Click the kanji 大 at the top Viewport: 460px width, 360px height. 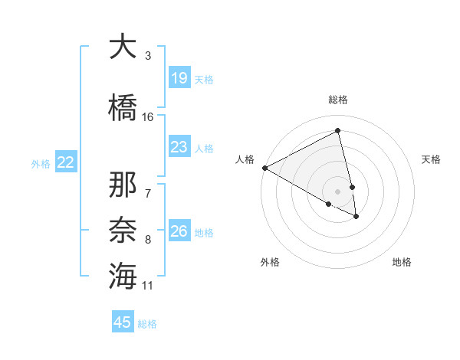(x=123, y=47)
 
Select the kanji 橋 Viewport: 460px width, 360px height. (x=123, y=106)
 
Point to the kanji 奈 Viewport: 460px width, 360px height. (x=123, y=227)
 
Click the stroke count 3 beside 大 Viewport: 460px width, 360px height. (x=148, y=56)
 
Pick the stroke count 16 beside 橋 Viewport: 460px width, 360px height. (x=148, y=117)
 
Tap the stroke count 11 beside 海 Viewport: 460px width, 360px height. (x=148, y=286)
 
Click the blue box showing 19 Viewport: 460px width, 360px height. (x=179, y=78)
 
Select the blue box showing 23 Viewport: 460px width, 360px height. (x=179, y=147)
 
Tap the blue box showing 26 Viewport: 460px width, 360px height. (x=179, y=231)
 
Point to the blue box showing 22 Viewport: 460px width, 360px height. (x=66, y=162)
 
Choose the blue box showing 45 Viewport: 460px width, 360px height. (x=123, y=322)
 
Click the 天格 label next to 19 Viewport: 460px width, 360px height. (x=204, y=79)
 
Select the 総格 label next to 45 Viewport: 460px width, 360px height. (x=147, y=324)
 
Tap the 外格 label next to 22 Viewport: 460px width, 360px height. (x=41, y=163)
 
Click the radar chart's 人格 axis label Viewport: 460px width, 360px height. (x=245, y=159)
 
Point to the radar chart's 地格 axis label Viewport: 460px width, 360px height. (x=402, y=262)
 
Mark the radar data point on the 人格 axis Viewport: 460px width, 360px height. (x=264, y=168)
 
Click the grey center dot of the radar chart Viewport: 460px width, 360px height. (x=337, y=191)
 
